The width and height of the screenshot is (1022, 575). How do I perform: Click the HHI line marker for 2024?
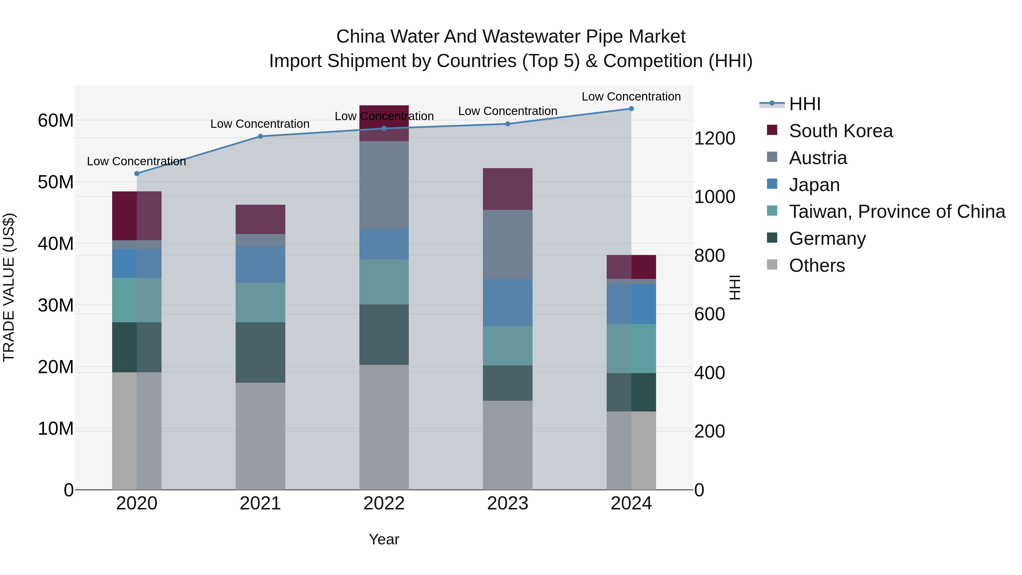(631, 108)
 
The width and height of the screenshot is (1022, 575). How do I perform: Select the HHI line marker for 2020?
(137, 173)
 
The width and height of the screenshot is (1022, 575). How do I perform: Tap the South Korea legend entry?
(840, 131)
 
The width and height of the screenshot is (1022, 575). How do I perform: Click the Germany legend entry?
(827, 239)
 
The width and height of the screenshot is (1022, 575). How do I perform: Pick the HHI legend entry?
(805, 104)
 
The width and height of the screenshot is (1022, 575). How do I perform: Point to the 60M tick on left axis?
(56, 120)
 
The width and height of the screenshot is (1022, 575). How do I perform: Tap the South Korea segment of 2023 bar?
(507, 189)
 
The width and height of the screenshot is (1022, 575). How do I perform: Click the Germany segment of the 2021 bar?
(260, 352)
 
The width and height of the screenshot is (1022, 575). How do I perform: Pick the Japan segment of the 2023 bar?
(507, 302)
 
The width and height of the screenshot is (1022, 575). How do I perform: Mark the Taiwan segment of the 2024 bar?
(631, 348)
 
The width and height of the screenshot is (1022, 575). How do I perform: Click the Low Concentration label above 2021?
(260, 124)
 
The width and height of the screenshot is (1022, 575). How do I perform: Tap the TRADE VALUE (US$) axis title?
(9, 287)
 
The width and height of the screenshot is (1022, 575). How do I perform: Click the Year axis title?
(384, 539)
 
